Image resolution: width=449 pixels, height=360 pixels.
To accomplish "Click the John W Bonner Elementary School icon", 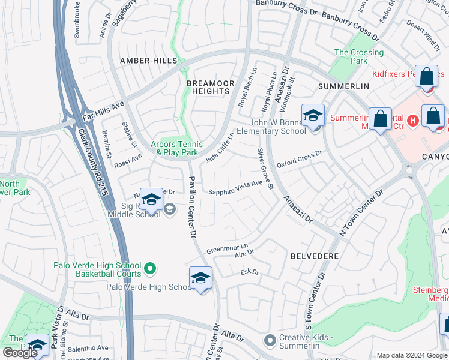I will [x=313, y=116].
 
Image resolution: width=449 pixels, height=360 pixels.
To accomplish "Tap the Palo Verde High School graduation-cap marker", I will [x=200, y=278].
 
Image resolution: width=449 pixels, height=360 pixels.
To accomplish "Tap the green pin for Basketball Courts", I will [x=151, y=269].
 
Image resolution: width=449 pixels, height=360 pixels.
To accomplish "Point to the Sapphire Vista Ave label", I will [x=235, y=188].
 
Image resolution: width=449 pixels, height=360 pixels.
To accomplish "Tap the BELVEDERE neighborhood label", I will [x=315, y=256].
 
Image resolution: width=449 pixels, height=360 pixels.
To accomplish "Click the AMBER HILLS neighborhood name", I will [x=149, y=61].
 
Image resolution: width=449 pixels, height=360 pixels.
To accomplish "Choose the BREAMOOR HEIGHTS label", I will [x=208, y=87].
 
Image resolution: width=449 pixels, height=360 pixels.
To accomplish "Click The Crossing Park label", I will [x=358, y=56].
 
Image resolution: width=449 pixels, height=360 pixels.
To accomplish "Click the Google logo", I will [x=20, y=353].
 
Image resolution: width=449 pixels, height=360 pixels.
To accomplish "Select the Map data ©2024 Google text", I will [x=412, y=355].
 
